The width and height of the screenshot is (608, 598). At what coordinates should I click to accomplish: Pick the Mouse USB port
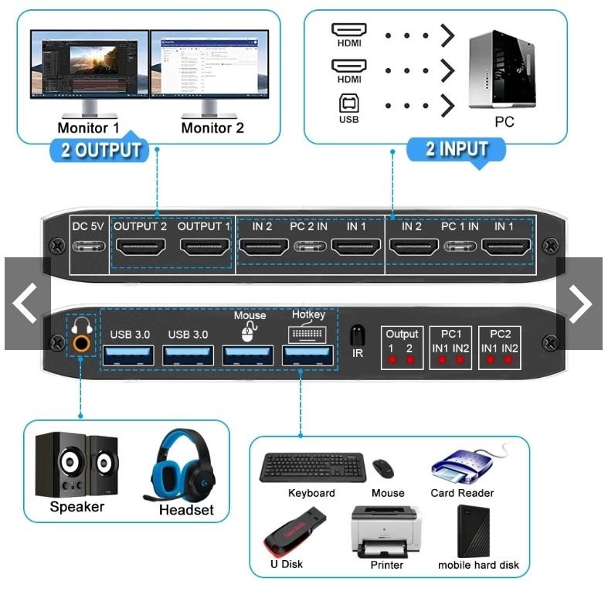[249, 355]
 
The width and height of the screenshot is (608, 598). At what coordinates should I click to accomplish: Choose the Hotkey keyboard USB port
[308, 355]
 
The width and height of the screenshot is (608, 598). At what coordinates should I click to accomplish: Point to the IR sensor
[357, 335]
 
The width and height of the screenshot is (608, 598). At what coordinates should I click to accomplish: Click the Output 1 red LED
[393, 360]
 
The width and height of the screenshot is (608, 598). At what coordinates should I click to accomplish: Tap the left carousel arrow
[26, 304]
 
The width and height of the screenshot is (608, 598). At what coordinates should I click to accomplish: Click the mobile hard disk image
[477, 531]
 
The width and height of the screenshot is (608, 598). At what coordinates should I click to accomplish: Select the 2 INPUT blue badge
[457, 148]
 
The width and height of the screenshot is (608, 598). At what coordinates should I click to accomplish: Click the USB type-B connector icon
[348, 104]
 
